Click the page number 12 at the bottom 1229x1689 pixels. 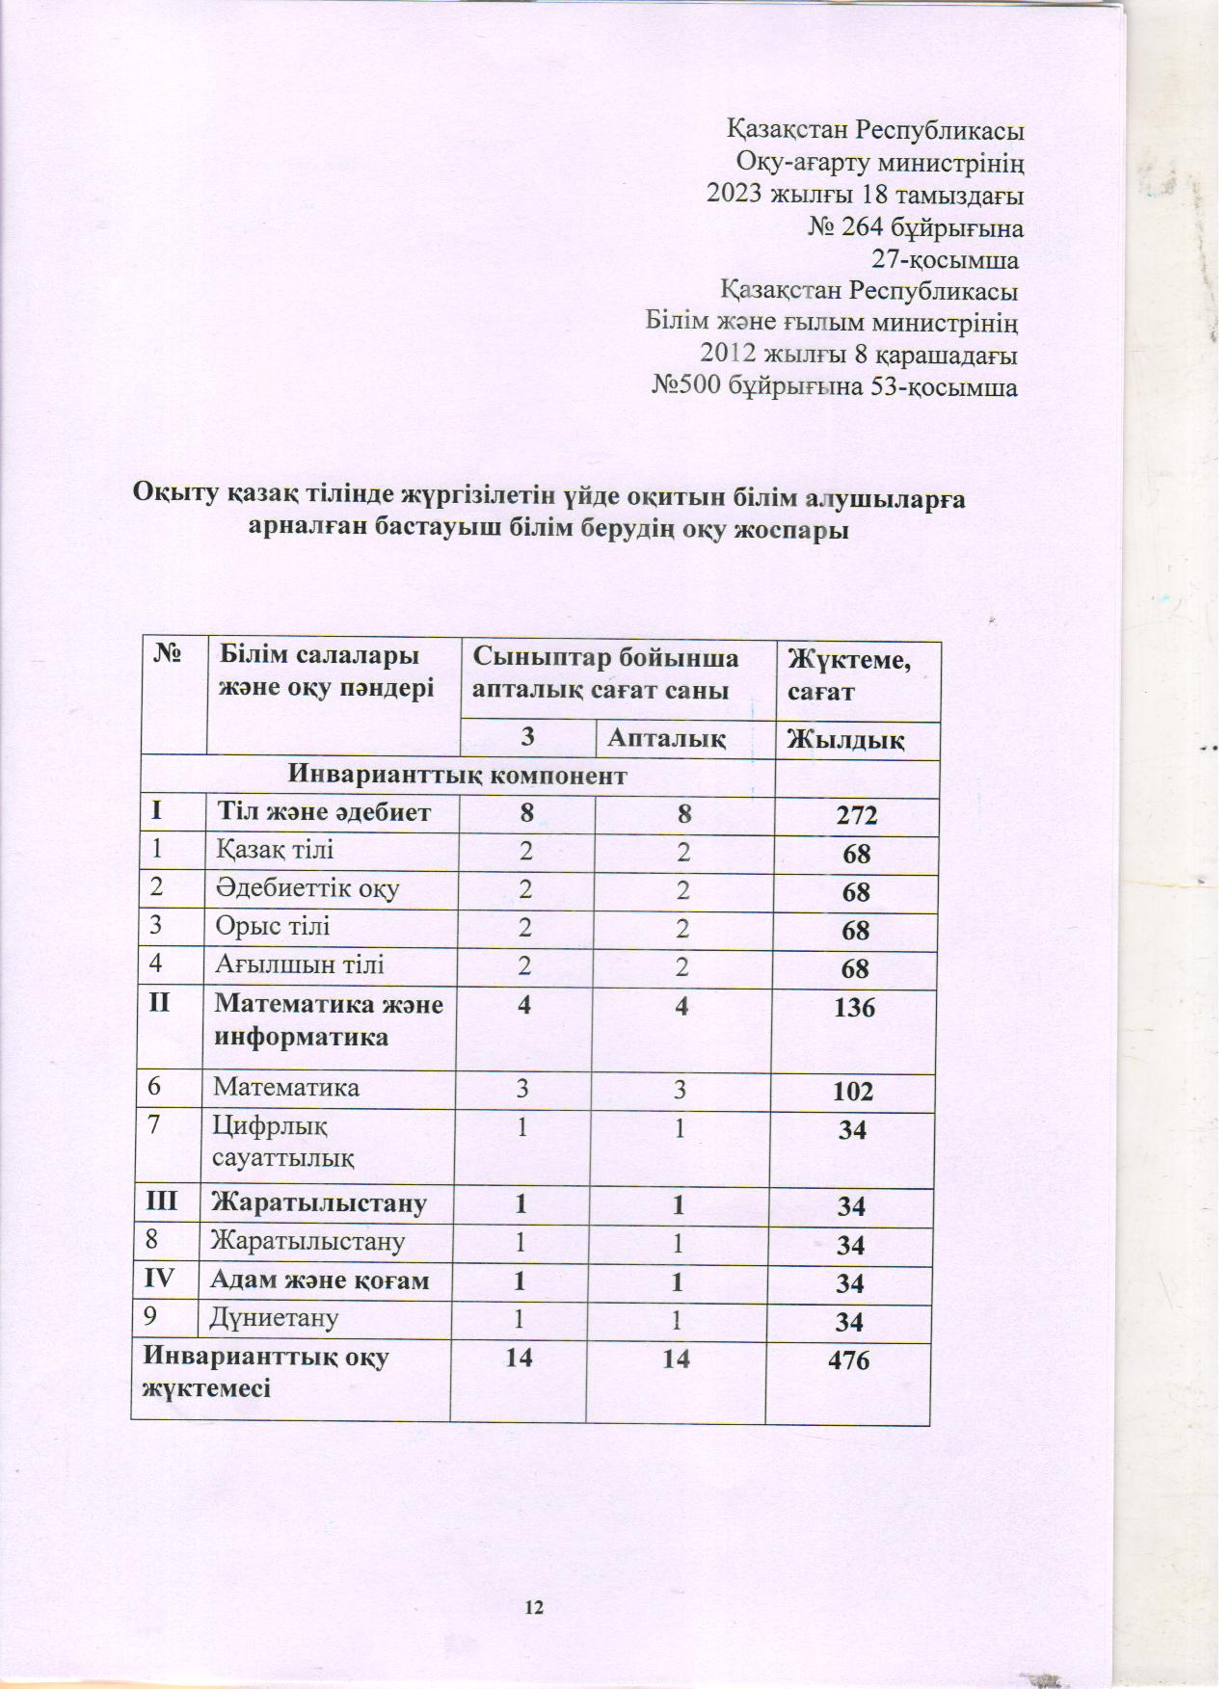pos(535,1606)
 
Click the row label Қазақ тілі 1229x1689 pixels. pos(276,851)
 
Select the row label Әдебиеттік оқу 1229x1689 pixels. pos(307,889)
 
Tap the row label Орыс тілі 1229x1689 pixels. pos(273,927)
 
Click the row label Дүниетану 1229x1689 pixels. pos(276,1318)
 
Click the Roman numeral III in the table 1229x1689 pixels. pos(164,1202)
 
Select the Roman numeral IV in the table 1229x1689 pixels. pos(163,1280)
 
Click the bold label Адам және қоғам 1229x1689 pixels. pos(320,1280)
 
